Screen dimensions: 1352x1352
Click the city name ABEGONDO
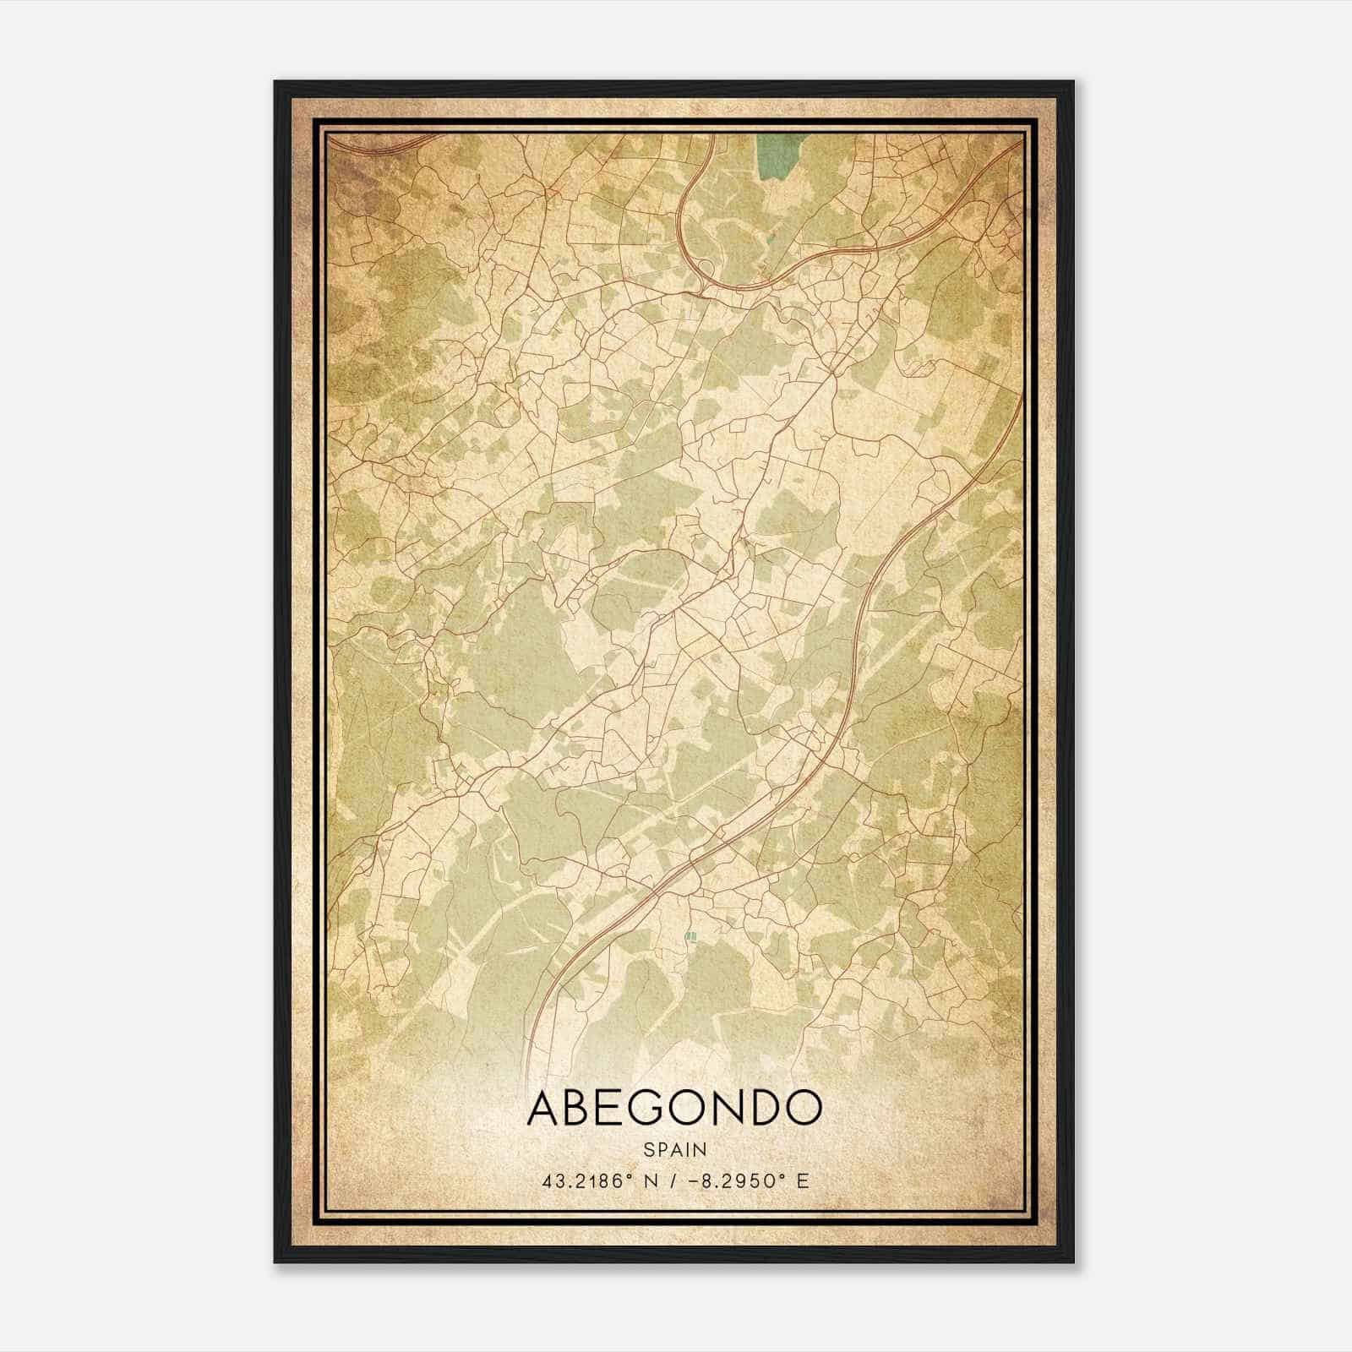(674, 1108)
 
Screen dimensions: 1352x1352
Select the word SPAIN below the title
(674, 1149)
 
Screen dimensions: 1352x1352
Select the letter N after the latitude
(648, 1180)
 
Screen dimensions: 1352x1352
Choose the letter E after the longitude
(803, 1180)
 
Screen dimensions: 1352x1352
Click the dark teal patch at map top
(770, 157)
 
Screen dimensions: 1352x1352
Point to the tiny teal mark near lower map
(690, 936)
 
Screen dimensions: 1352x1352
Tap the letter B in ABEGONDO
(580, 1108)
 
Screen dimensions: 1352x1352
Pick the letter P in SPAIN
(661, 1149)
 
